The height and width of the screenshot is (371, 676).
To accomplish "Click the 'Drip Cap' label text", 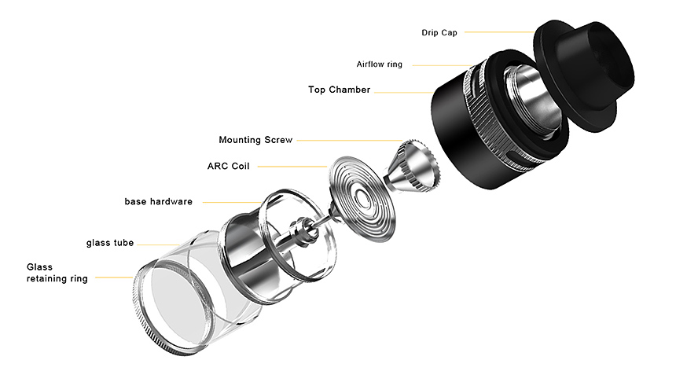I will coord(438,32).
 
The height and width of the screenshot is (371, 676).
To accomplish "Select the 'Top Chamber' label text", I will coord(339,90).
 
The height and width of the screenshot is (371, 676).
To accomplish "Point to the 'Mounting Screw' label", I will coord(255,140).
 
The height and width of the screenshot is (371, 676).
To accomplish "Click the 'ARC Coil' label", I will coord(228,166).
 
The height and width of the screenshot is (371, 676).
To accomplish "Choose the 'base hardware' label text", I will coord(158,202).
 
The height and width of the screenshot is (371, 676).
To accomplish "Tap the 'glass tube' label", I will coord(111,242).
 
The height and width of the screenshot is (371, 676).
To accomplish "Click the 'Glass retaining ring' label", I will coord(57,273).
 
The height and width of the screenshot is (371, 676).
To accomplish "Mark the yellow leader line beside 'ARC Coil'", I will coord(291,167).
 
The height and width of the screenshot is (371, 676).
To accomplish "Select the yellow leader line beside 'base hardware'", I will coord(228,202).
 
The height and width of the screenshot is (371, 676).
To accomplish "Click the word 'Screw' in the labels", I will coord(277,140).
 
